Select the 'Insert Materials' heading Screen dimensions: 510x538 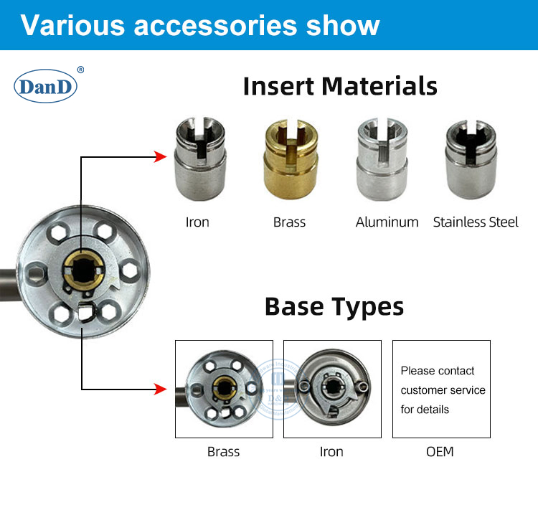[340, 86]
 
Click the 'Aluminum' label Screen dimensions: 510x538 [387, 222]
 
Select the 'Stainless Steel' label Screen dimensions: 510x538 [476, 222]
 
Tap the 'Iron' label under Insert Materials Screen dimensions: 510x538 [197, 222]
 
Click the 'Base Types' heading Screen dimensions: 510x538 [334, 306]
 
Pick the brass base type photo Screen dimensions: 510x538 [225, 389]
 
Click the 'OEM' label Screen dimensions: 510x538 [440, 452]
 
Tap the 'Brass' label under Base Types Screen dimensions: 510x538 [223, 452]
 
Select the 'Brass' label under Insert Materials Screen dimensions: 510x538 [289, 222]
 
